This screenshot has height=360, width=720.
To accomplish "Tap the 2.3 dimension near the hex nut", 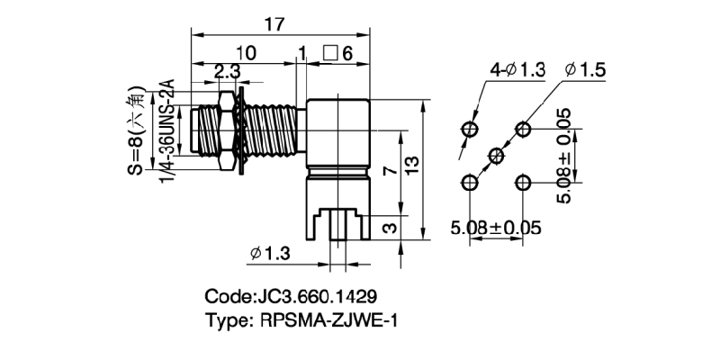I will [x=226, y=70].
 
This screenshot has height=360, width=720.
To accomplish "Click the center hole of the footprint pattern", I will [x=495, y=156].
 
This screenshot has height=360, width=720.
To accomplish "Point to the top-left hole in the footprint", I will [x=469, y=129].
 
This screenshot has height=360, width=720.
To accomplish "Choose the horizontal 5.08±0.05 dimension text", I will [x=496, y=228].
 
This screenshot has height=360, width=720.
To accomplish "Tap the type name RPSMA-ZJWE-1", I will [x=301, y=320].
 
